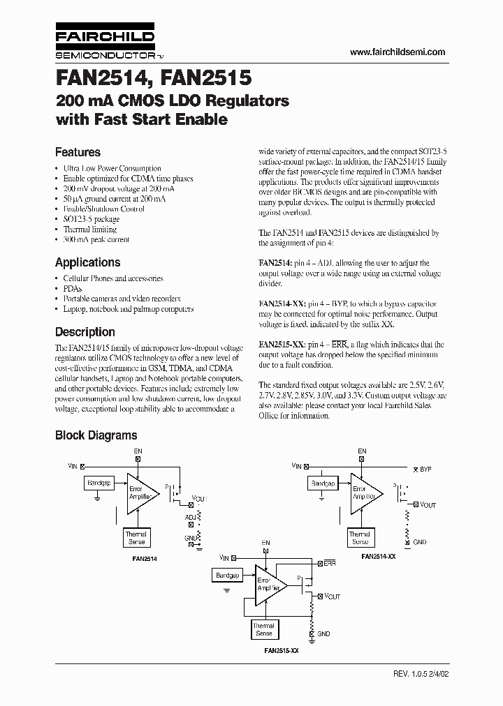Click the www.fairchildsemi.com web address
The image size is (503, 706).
pyautogui.click(x=397, y=52)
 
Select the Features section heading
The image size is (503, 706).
pyautogui.click(x=78, y=152)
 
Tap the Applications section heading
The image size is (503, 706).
pyautogui.click(x=87, y=262)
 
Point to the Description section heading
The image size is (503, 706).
pyautogui.click(x=85, y=332)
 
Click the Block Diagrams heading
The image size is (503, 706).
pyautogui.click(x=96, y=435)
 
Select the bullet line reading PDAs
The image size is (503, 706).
pyautogui.click(x=72, y=288)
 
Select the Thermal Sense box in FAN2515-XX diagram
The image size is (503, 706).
pyautogui.click(x=263, y=629)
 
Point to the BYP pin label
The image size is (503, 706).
pyautogui.click(x=425, y=470)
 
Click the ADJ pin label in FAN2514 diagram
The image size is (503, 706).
pyautogui.click(x=191, y=517)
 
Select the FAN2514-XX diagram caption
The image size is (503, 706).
pyautogui.click(x=379, y=557)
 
